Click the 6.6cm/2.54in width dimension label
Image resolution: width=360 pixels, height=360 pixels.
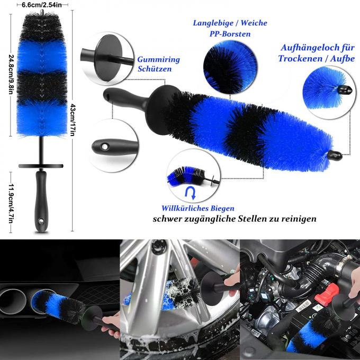coord(40,4)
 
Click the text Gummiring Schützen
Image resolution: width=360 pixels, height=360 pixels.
coord(159,64)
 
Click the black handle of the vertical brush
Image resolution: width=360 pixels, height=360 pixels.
coord(40,199)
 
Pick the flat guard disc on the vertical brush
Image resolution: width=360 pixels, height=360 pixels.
coord(41,165)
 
